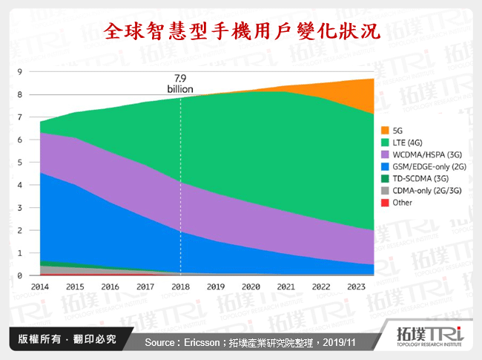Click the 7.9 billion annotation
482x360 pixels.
[179, 83]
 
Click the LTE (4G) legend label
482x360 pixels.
[409, 140]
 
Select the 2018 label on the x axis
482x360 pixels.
[180, 285]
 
